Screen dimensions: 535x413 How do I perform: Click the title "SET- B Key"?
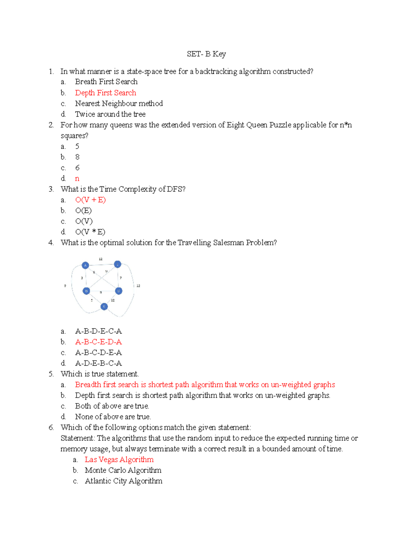click(x=206, y=54)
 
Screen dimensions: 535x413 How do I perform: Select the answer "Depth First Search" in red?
click(x=105, y=93)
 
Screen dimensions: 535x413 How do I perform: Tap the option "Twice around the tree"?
click(x=110, y=114)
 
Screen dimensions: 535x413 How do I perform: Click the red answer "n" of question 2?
click(x=77, y=178)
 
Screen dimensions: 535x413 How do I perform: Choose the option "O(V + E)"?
click(x=90, y=200)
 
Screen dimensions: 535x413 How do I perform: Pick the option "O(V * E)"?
click(x=90, y=232)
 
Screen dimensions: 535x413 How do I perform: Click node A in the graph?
click(x=85, y=265)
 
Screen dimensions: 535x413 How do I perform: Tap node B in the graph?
click(x=86, y=291)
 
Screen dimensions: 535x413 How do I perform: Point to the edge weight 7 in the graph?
click(x=120, y=278)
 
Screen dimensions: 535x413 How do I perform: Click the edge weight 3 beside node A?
click(x=82, y=278)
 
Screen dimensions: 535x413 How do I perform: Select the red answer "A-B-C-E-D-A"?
click(x=98, y=342)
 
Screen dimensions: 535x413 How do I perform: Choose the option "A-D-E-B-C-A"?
click(x=98, y=363)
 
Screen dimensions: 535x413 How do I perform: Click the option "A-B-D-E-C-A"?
click(x=98, y=331)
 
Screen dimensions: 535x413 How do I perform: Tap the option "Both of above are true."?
click(x=112, y=406)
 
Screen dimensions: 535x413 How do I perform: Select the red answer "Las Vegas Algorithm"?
click(x=119, y=460)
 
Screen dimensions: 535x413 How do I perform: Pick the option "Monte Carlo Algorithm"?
click(x=123, y=470)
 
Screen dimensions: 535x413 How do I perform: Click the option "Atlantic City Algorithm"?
click(x=123, y=481)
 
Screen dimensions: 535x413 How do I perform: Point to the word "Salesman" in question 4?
click(x=228, y=243)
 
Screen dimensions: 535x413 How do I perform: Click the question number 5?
click(x=51, y=374)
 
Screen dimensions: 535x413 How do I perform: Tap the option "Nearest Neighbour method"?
click(x=119, y=104)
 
